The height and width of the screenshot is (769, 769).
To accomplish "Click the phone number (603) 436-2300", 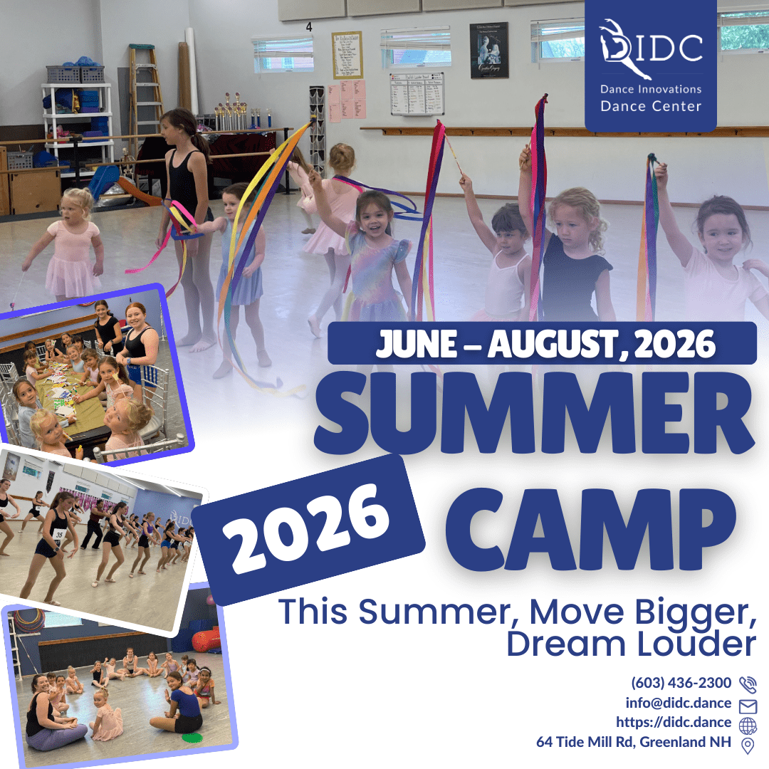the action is coord(681,683).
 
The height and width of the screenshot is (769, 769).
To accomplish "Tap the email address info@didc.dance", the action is coord(679,703).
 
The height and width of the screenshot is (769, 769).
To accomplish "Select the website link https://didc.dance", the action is coord(674,723).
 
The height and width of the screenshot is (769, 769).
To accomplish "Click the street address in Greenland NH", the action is coord(634,742).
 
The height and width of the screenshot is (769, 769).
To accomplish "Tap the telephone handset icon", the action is coord(748,684).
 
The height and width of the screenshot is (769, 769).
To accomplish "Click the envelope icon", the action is coord(748,706).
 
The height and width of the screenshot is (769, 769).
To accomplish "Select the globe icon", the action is coord(748,726).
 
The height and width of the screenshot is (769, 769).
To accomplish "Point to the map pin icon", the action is coord(748,746).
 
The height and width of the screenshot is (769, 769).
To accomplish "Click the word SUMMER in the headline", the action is coord(535,413).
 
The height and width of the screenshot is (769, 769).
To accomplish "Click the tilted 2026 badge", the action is coord(308,530).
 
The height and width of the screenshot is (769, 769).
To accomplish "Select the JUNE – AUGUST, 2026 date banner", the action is coord(542,343).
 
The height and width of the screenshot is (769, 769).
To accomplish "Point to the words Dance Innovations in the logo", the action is coord(651,89).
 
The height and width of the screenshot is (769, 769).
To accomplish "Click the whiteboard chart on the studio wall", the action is coord(417,94).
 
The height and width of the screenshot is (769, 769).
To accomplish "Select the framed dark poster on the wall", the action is coord(488,50).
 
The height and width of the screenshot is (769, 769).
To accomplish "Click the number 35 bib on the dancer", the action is coord(59,534).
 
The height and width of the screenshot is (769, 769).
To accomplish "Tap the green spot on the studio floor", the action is coord(192,737).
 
